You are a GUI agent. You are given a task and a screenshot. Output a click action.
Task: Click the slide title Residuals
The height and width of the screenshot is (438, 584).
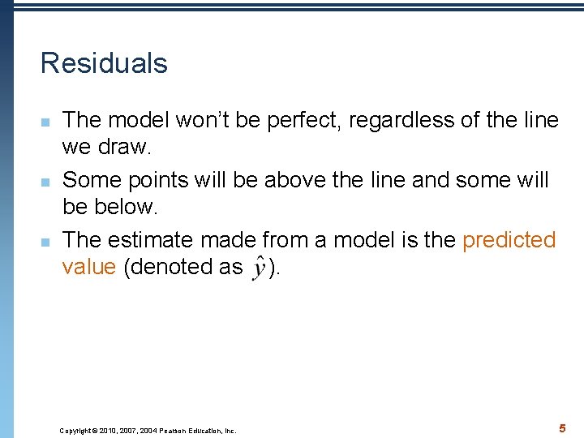(104, 63)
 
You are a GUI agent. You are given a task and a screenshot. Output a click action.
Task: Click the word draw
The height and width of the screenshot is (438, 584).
(127, 148)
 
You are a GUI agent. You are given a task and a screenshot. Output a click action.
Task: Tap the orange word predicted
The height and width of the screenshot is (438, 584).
(509, 240)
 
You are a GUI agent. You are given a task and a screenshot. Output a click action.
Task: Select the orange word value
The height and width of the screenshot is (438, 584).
(89, 268)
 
